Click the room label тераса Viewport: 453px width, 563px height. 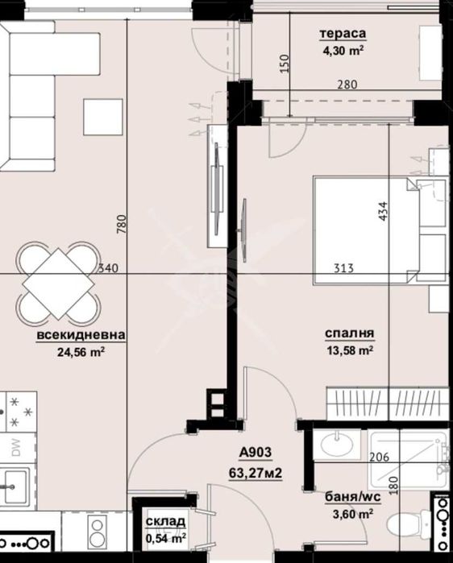click(x=343, y=34)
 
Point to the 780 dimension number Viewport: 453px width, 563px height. click(x=122, y=223)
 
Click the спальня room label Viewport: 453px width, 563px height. click(x=348, y=334)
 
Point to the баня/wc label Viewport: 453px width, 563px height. click(x=347, y=497)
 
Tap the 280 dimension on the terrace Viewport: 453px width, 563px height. click(x=347, y=84)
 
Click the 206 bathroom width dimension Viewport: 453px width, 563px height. click(x=380, y=457)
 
